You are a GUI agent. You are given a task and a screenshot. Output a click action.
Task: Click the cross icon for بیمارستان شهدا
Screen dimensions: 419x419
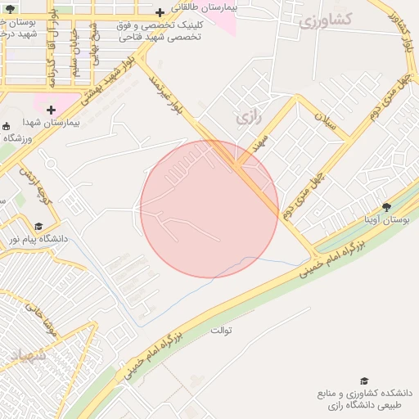click(51, 110)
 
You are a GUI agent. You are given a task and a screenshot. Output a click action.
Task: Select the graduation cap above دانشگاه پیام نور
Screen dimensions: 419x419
click(38, 226)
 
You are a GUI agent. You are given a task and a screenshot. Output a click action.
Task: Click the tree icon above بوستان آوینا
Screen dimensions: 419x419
click(387, 207)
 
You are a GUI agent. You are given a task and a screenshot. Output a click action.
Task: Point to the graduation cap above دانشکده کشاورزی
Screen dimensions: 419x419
click(364, 381)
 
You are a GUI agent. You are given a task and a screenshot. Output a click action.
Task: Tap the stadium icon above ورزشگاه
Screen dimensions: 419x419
click(7, 126)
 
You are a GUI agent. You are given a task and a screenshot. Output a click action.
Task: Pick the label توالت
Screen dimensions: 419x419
click(221, 331)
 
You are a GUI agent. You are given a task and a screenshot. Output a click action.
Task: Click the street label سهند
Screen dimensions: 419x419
click(260, 145)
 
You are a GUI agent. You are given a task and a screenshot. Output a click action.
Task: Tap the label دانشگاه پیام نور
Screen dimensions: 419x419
click(37, 239)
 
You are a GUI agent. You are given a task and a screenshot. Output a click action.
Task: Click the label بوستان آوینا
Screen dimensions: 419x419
click(386, 220)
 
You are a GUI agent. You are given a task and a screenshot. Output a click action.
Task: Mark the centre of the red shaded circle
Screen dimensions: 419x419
click(209, 209)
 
